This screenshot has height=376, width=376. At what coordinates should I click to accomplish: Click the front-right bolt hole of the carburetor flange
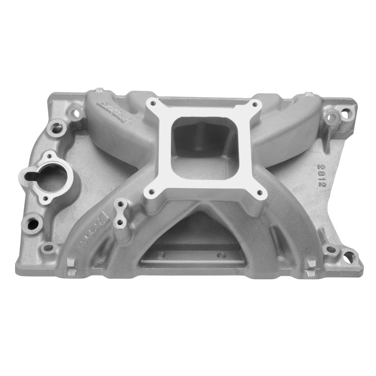click(258, 191)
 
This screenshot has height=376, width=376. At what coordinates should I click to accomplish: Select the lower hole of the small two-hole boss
click(120, 222)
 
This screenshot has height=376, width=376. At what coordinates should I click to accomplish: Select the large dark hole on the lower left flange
click(33, 221)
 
